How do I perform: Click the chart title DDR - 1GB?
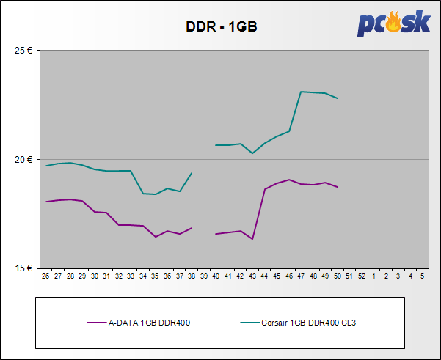pyautogui.click(x=220, y=27)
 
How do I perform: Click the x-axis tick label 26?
pyautogui.click(x=45, y=276)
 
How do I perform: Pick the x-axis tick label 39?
pyautogui.click(x=203, y=276)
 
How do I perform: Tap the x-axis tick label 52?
pyautogui.click(x=361, y=276)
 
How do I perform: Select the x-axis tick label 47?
pyautogui.click(x=301, y=276)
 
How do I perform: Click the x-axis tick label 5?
pyautogui.click(x=422, y=276)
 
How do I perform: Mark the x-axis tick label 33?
pyautogui.click(x=131, y=276)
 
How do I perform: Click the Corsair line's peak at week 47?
pyautogui.click(x=301, y=92)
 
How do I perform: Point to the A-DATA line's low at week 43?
pyautogui.click(x=252, y=239)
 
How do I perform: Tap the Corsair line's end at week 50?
pyautogui.click(x=338, y=98)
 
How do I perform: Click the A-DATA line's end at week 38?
pyautogui.click(x=192, y=227)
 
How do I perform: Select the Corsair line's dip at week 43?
pyautogui.click(x=252, y=153)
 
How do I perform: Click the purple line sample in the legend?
pyautogui.click(x=96, y=322)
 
